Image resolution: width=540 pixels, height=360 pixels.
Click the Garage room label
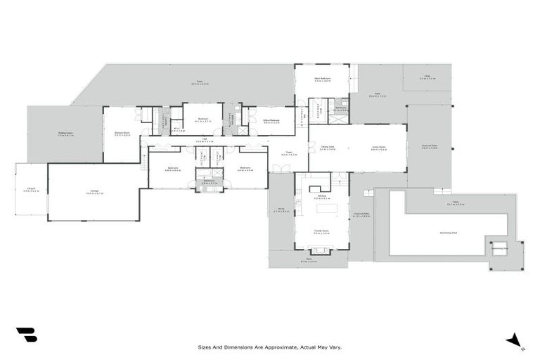click(94, 192)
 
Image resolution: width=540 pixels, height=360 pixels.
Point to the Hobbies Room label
click(122, 134)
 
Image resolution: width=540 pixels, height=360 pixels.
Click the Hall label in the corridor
click(205, 140)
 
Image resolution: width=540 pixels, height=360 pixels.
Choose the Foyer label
click(288, 153)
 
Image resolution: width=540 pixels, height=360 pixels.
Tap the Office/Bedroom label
click(271, 121)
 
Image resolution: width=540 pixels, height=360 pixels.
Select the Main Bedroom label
click(321, 79)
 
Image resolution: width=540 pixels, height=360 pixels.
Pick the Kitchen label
click(321, 198)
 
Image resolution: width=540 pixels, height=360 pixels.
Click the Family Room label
click(321, 231)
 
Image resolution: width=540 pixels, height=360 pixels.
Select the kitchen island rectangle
click(327, 209)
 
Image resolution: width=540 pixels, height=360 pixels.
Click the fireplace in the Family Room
click(321, 250)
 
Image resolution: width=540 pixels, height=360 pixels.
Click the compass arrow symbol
click(513, 340)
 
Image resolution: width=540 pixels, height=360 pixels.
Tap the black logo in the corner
click(26, 335)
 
